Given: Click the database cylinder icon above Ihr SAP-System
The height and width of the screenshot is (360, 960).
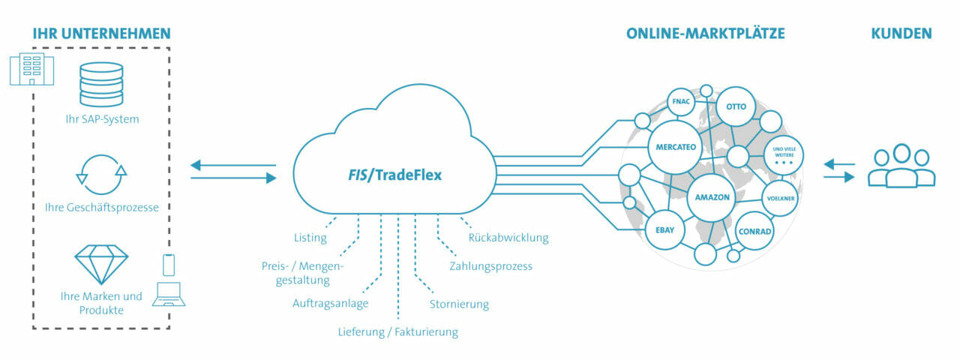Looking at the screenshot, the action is click(101, 85).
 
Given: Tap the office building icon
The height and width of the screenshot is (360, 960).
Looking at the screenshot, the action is click(32, 68).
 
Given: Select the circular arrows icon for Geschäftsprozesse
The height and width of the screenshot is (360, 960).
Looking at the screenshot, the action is click(101, 175).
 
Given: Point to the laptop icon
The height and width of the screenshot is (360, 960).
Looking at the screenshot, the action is click(169, 295).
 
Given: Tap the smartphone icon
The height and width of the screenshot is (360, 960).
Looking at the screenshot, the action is click(169, 265).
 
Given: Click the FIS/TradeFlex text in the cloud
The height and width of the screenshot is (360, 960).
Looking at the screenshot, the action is click(394, 175).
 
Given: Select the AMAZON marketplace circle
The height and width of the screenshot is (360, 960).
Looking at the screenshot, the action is click(712, 197).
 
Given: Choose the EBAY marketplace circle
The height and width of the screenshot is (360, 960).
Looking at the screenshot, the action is click(664, 230).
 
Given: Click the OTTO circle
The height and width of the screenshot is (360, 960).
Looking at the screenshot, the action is click(736, 106).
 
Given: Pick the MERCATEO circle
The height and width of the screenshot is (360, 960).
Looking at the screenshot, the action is click(676, 147).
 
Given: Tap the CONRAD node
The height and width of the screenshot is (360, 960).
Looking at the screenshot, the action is click(754, 232).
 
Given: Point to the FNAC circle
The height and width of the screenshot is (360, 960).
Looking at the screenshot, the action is click(681, 101).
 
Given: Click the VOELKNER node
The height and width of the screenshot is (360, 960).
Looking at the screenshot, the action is click(781, 199).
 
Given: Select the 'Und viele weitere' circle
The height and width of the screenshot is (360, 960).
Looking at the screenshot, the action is click(784, 155).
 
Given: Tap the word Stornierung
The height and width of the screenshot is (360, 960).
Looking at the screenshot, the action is click(459, 304).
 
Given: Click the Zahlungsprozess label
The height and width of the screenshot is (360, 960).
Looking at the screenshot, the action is click(490, 266).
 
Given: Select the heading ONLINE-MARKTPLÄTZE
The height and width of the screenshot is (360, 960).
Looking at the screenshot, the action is click(706, 34).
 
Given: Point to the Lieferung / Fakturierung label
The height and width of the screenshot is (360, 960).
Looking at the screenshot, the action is click(397, 332).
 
